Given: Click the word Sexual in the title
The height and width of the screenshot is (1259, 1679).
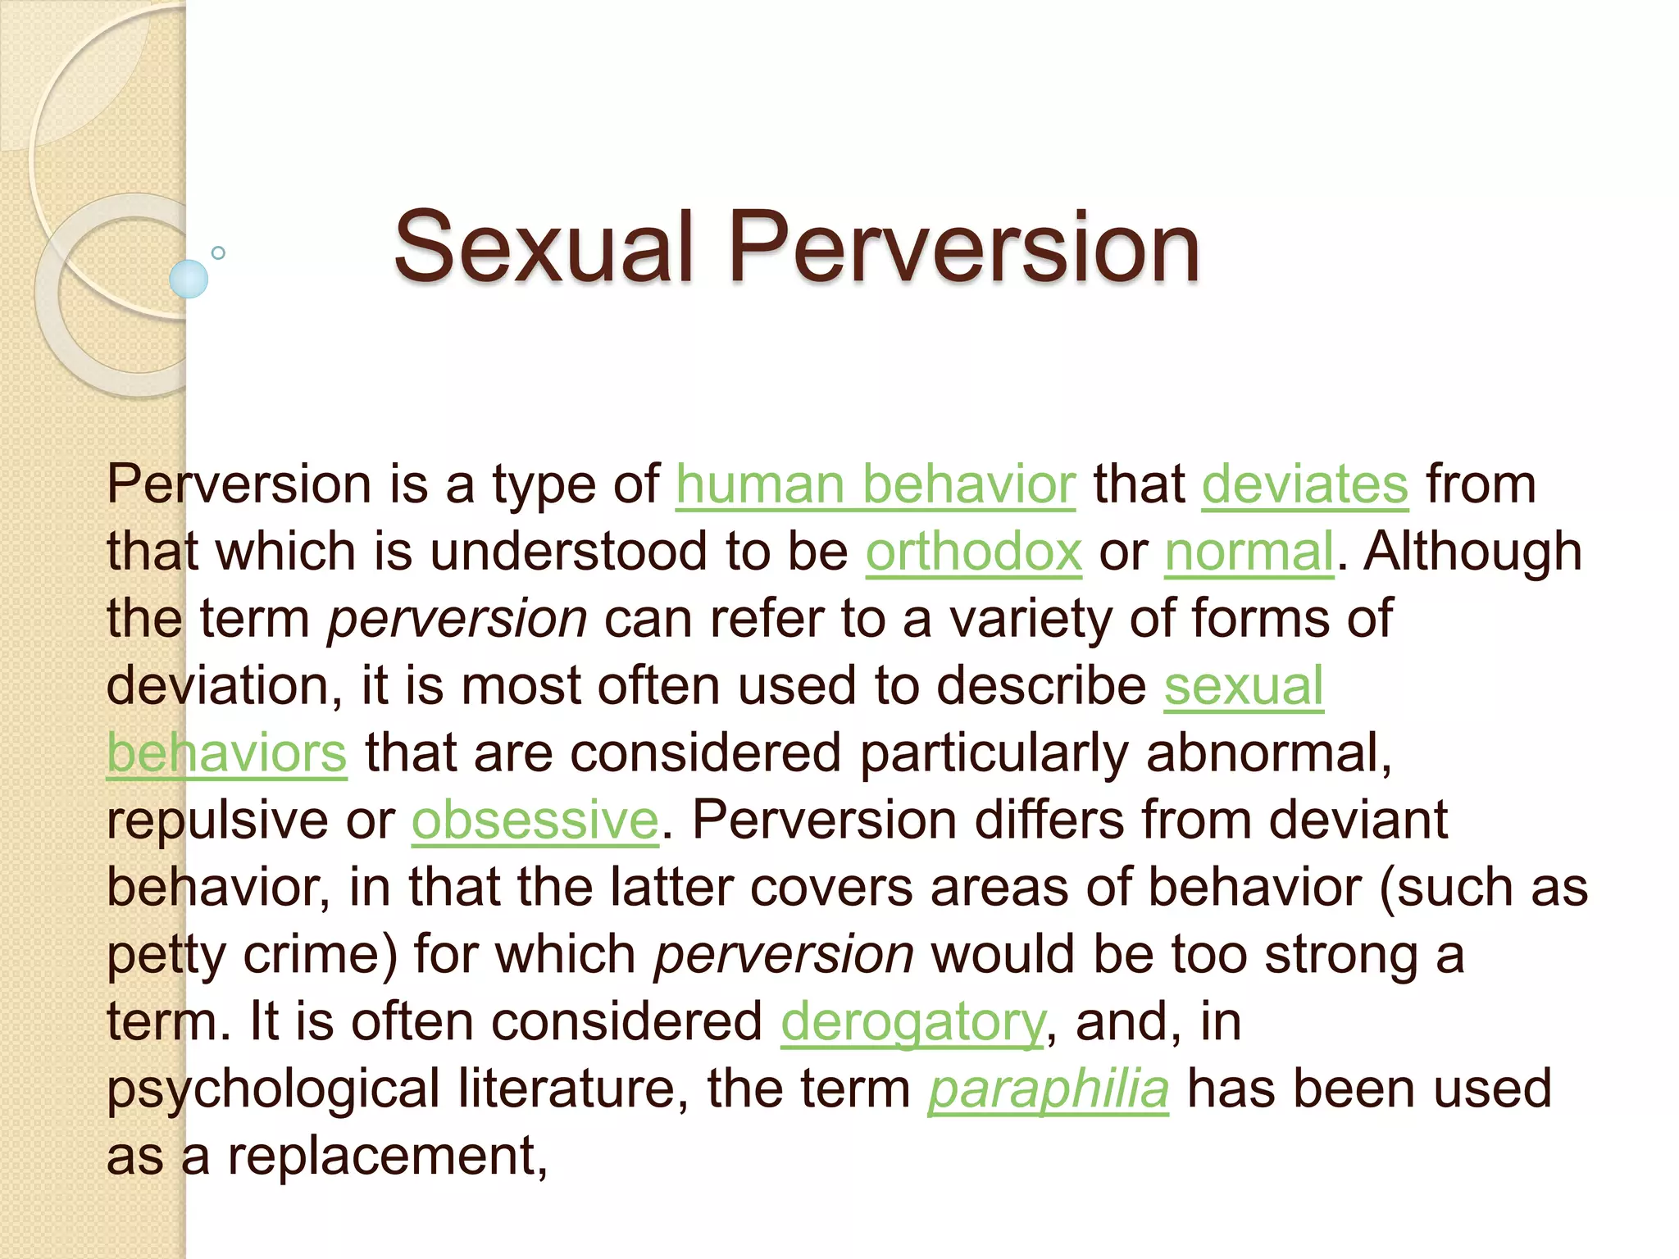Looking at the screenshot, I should click(544, 247).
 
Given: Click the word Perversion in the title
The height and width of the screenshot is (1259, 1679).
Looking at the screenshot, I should click(964, 247).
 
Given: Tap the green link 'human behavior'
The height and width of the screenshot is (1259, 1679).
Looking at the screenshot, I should click(875, 484).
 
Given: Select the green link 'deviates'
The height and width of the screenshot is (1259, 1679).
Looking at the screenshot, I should click(1305, 484).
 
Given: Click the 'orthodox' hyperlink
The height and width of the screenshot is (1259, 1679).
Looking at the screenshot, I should click(974, 552).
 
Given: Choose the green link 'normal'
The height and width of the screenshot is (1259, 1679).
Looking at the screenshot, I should click(1249, 552).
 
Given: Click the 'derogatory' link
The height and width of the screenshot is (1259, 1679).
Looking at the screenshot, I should click(913, 1022).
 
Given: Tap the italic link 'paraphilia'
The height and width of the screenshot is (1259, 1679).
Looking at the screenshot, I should click(1049, 1089).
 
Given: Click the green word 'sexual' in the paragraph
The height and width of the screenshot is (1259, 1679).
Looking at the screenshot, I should click(1244, 686).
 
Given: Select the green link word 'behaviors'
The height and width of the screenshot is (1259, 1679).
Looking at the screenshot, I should click(227, 753).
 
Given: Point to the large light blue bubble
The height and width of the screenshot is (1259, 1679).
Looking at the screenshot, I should click(189, 279).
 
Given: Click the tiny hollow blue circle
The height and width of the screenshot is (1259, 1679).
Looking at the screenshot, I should click(218, 253).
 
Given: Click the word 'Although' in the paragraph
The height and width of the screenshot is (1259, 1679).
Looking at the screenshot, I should click(1472, 552).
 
